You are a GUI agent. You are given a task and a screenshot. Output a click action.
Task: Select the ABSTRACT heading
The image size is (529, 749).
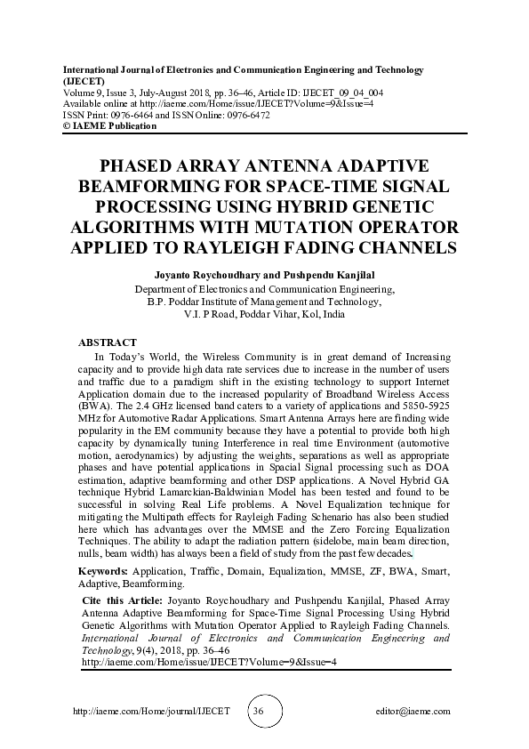pos(108,342)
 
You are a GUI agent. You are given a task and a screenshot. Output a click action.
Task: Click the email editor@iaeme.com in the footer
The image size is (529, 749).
pos(414,712)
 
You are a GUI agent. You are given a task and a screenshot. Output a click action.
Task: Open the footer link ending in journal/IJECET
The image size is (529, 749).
pos(150,712)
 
